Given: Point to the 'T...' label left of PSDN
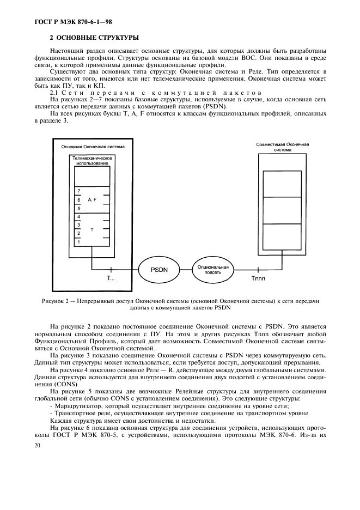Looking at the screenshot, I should click(x=111, y=278).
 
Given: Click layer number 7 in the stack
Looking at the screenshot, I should click(x=79, y=191).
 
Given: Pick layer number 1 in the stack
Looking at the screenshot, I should click(x=79, y=241).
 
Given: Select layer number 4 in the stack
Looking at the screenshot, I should click(x=79, y=216).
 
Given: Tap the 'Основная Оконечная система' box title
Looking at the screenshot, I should click(x=93, y=147).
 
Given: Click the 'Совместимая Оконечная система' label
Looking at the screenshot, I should click(x=282, y=147).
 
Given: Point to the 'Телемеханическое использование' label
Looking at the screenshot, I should click(x=92, y=160).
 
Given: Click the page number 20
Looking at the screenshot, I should click(x=38, y=446).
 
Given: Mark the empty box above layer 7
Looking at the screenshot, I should click(x=92, y=176).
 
